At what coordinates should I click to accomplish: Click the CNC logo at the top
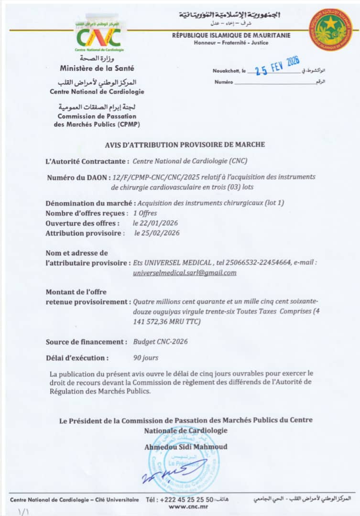(99, 36)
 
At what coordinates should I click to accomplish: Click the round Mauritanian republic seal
(330, 29)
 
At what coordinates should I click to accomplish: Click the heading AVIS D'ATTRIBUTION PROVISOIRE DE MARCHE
(185, 144)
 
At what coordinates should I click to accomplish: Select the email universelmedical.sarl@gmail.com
(185, 273)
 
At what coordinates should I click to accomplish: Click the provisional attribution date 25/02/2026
(157, 233)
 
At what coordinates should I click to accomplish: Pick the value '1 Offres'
(145, 213)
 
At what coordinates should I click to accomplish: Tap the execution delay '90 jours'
(146, 358)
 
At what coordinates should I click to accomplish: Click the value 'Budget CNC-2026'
(160, 342)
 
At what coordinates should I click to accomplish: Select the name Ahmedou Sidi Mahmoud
(185, 447)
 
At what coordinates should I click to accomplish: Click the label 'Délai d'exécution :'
(77, 358)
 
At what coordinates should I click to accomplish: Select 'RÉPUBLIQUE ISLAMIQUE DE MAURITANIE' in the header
(231, 35)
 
